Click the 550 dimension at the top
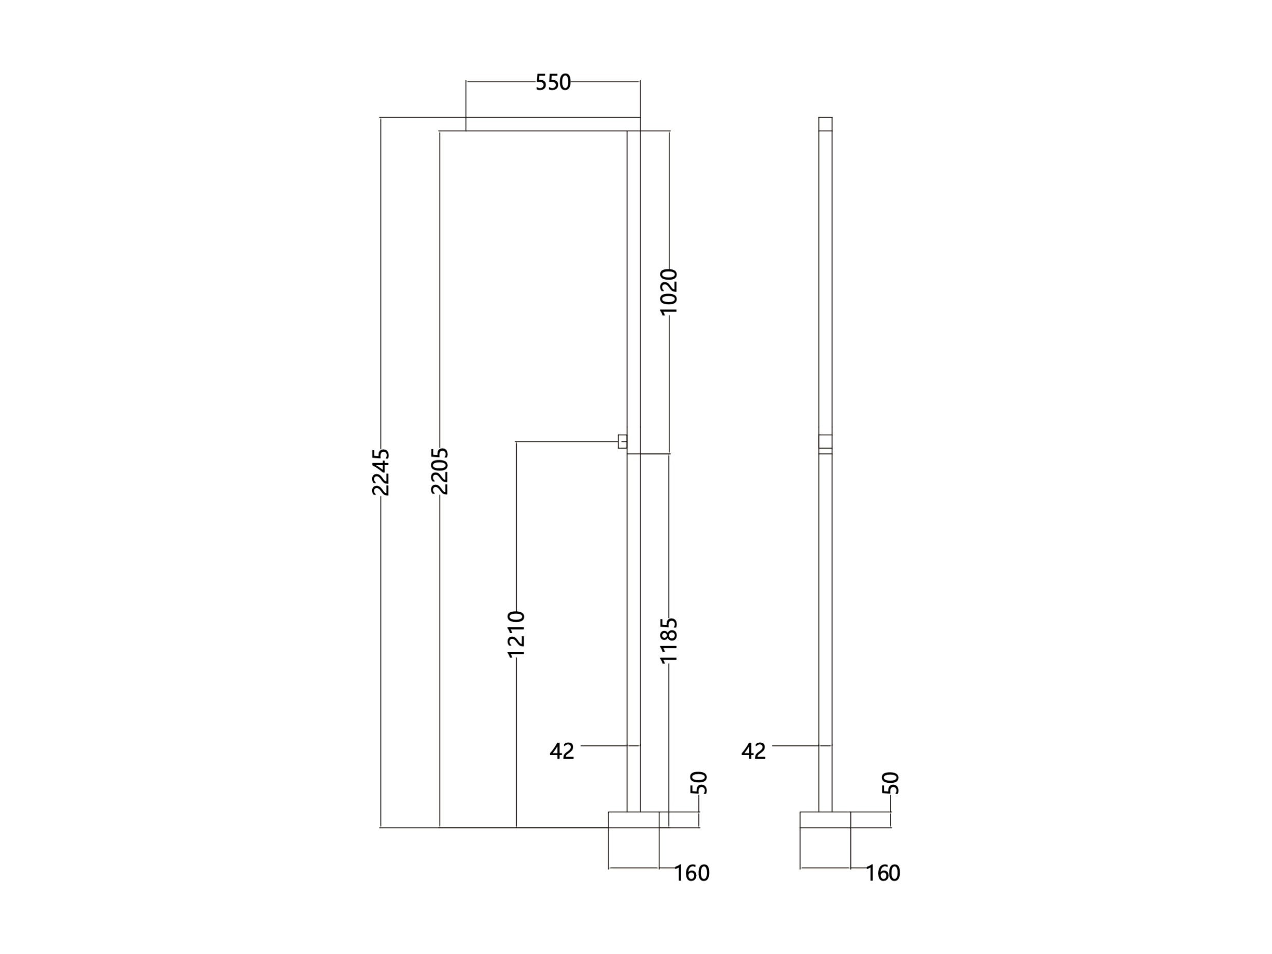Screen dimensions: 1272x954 pyautogui.click(x=553, y=82)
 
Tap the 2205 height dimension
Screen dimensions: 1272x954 pyautogui.click(x=439, y=471)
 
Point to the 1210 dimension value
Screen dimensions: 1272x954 pyautogui.click(x=516, y=634)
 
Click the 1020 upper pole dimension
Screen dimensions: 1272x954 pyautogui.click(x=669, y=291)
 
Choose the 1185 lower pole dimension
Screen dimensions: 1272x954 pyautogui.click(x=669, y=640)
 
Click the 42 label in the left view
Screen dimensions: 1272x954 pyautogui.click(x=562, y=751)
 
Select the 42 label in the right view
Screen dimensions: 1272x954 pyautogui.click(x=753, y=751)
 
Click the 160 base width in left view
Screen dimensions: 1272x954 pyautogui.click(x=692, y=873)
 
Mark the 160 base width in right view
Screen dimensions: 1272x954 pyautogui.click(x=883, y=873)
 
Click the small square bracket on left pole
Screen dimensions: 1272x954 pyautogui.click(x=622, y=442)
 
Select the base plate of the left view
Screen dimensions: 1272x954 pyautogui.click(x=634, y=819)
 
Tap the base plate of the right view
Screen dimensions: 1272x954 pyautogui.click(x=825, y=819)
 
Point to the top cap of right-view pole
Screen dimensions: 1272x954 pyautogui.click(x=825, y=124)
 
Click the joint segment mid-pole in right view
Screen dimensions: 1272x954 pyautogui.click(x=825, y=442)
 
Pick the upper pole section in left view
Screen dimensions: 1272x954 pyautogui.click(x=634, y=292)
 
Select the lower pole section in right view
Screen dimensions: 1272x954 pyautogui.click(x=825, y=633)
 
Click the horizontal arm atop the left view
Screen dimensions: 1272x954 pyautogui.click(x=553, y=124)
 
